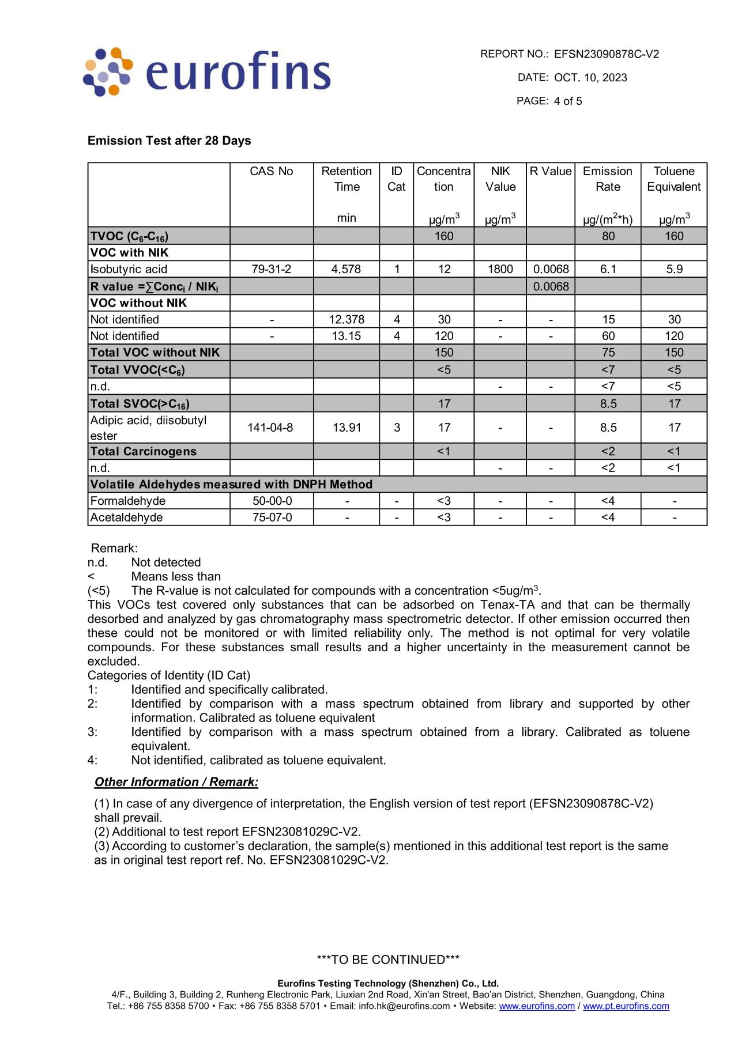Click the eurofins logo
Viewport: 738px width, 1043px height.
[x=208, y=72]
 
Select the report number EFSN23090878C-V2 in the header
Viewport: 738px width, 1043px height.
[x=606, y=54]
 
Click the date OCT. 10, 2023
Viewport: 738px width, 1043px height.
[x=590, y=78]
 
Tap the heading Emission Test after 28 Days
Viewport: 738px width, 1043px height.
[x=169, y=141]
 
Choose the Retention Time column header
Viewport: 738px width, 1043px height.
[x=346, y=179]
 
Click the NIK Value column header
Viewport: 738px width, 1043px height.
[x=500, y=179]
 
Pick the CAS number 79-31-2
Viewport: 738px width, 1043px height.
[x=272, y=269]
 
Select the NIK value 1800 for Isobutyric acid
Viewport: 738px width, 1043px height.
[x=500, y=269]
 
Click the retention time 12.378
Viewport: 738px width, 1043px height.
[x=347, y=319]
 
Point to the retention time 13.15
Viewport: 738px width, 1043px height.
[x=347, y=336]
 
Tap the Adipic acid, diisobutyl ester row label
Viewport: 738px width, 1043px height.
[x=148, y=428]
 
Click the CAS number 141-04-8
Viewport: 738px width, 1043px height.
[x=270, y=428]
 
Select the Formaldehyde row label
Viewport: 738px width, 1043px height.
[x=128, y=501]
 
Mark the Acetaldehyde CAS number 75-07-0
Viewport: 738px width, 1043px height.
[x=272, y=517]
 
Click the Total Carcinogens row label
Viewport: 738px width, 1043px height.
[x=144, y=451]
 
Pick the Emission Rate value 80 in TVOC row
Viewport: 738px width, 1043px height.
[x=608, y=236]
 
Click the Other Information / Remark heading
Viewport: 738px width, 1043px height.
[x=176, y=782]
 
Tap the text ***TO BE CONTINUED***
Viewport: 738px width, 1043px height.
[x=388, y=959]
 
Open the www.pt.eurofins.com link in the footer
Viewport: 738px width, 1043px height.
[x=626, y=1006]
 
